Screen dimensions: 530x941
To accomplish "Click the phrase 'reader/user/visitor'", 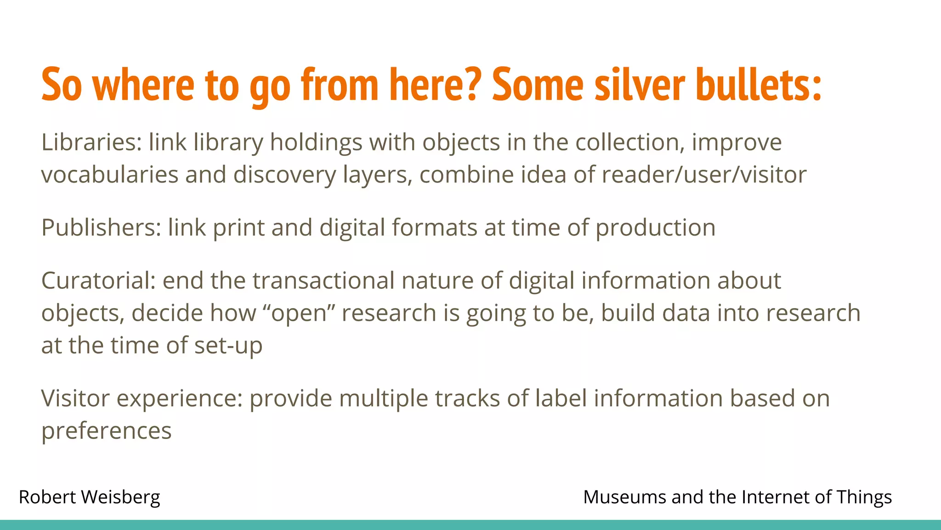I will pos(704,175).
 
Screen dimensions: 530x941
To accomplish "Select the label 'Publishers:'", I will pos(101,227).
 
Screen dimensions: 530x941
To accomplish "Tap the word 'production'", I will pos(655,228).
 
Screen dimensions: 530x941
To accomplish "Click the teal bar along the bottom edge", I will pos(470,525).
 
